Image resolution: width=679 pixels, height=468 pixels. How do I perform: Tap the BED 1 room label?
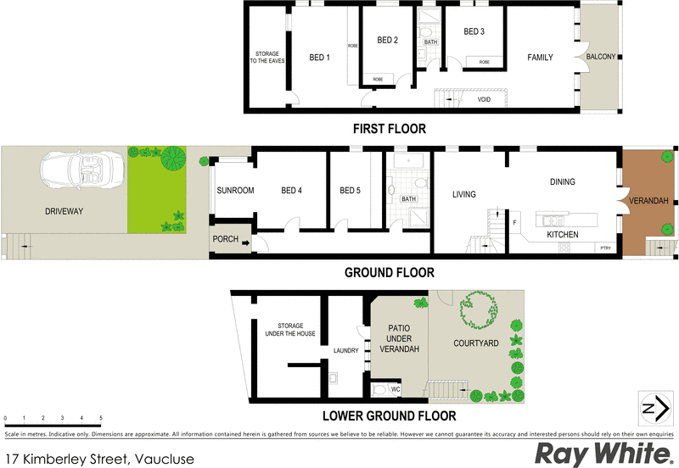click(320, 58)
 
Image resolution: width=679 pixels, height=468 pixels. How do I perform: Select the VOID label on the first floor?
click(484, 99)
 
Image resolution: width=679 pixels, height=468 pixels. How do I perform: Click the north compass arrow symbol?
click(655, 407)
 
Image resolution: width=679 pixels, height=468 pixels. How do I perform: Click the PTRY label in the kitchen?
click(606, 248)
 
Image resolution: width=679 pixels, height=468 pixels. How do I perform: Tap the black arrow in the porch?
click(245, 243)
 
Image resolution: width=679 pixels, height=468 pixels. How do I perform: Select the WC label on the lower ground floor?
click(396, 389)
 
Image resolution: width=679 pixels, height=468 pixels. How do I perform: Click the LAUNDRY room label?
click(346, 350)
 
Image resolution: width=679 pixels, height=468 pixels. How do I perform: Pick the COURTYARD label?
click(476, 343)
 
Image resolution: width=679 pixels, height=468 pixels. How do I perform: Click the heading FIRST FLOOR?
click(390, 129)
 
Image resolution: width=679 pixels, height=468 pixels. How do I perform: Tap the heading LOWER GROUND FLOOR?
click(390, 416)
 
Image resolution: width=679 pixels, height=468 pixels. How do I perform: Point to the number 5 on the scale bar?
click(101, 418)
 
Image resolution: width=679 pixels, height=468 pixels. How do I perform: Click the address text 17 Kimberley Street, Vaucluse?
click(100, 459)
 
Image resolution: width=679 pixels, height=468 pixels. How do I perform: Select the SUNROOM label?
click(235, 190)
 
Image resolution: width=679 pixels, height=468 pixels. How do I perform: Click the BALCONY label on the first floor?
click(601, 57)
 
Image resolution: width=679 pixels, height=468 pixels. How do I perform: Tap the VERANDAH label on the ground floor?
click(648, 201)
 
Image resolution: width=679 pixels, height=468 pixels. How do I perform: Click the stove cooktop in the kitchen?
click(564, 248)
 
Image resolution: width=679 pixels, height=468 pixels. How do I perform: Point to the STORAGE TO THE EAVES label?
click(267, 57)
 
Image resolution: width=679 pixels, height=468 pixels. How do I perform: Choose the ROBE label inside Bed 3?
click(484, 62)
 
